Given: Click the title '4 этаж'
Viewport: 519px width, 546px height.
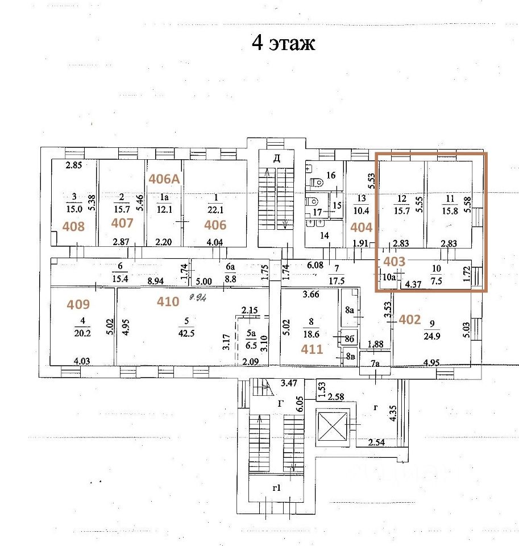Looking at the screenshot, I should click(x=283, y=43).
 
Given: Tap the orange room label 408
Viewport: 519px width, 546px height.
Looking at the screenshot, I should click(x=73, y=227).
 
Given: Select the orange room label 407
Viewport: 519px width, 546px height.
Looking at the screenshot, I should click(x=122, y=223).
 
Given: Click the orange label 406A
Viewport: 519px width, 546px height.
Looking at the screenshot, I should click(x=164, y=179).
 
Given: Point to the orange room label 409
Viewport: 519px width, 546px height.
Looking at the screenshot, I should click(x=78, y=304).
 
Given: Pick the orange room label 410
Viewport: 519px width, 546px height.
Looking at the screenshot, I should click(x=168, y=301).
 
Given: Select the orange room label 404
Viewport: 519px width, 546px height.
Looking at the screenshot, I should click(x=361, y=228).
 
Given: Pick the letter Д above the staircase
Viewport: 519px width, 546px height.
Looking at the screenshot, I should click(x=276, y=159).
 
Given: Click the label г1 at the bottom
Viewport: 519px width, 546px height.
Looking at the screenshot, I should click(x=277, y=488).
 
